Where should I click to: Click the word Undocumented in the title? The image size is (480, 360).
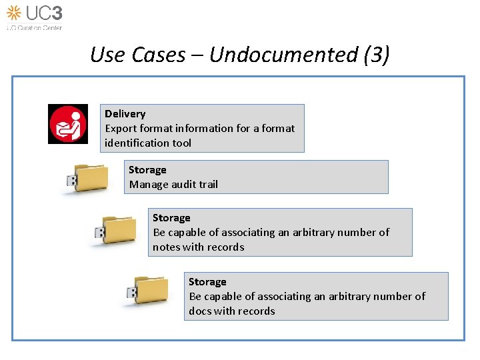[284, 55]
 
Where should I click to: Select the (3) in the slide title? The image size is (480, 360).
[377, 55]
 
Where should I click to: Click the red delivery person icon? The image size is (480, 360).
[68, 124]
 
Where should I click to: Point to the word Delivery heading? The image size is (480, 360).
[125, 114]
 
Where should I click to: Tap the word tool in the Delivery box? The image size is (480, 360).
[181, 143]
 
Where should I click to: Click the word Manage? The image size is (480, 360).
[147, 185]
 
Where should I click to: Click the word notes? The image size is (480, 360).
[167, 247]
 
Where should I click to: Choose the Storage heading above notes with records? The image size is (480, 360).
[171, 218]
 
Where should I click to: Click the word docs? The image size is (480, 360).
[200, 311]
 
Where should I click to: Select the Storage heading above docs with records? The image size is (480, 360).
[207, 282]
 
